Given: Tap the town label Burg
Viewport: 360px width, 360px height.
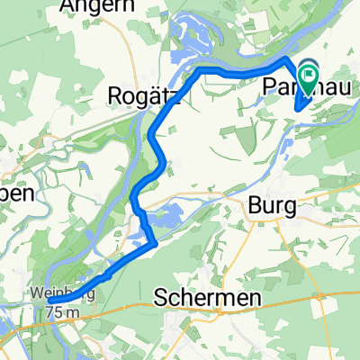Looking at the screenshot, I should (x=271, y=206).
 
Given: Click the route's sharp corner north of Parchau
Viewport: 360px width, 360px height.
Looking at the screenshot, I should (x=287, y=58).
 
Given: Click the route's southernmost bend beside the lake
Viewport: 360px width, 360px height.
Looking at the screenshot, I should (x=157, y=241).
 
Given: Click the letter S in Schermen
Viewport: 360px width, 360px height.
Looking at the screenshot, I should (x=165, y=298).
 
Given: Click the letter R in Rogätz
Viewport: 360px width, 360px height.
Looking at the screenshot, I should (x=115, y=94).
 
